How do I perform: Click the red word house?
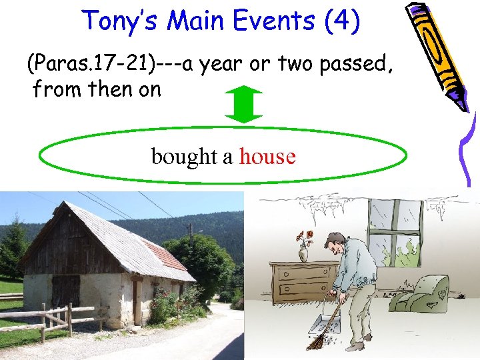pos(267,157)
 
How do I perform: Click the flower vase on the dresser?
pos(304,247)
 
